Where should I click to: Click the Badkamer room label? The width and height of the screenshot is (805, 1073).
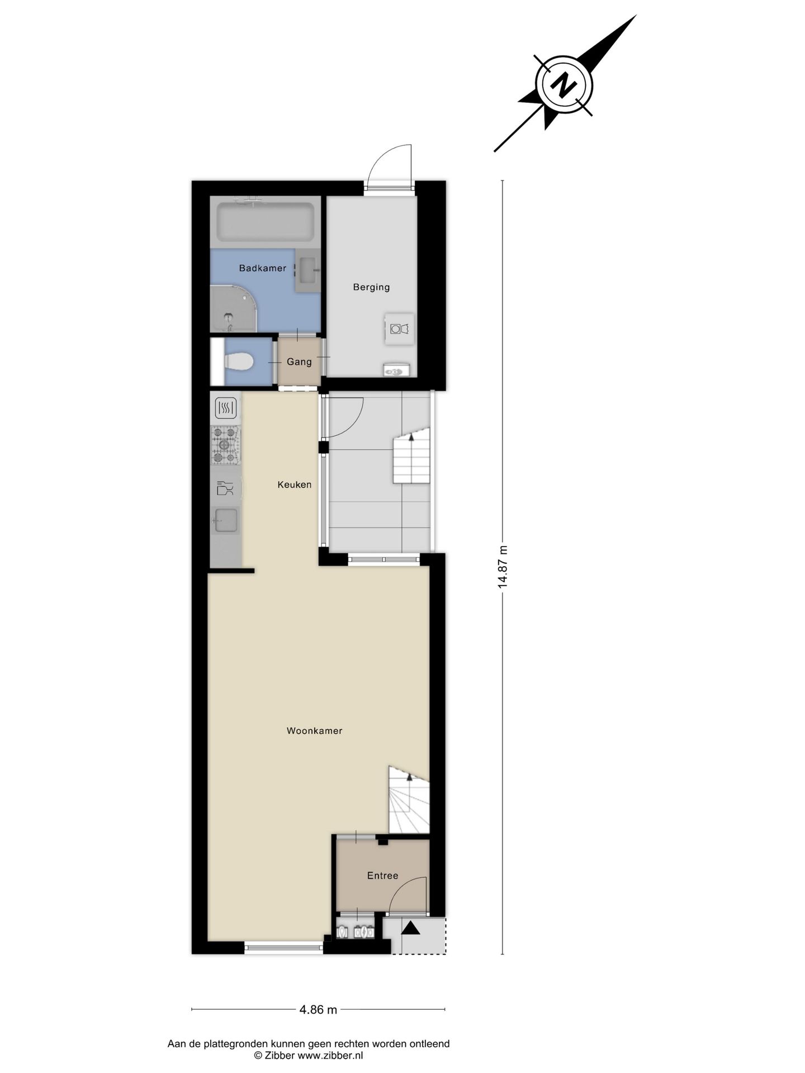262,268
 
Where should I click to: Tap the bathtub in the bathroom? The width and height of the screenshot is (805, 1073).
265,222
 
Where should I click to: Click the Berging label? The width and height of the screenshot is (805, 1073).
371,287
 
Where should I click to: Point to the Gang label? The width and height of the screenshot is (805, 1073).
299,362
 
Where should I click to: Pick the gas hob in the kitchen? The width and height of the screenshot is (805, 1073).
225,445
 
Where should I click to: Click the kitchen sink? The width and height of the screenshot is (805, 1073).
226,520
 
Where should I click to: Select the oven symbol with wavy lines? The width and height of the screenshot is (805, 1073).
225,407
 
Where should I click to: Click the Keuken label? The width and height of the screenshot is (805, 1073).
295,485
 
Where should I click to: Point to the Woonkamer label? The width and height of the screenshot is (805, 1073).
314,730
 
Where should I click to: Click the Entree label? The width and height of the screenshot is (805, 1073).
382,875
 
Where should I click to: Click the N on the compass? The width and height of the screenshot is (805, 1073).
564,84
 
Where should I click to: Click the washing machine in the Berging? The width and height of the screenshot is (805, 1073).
399,329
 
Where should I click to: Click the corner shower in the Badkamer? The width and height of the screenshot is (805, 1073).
232,309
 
